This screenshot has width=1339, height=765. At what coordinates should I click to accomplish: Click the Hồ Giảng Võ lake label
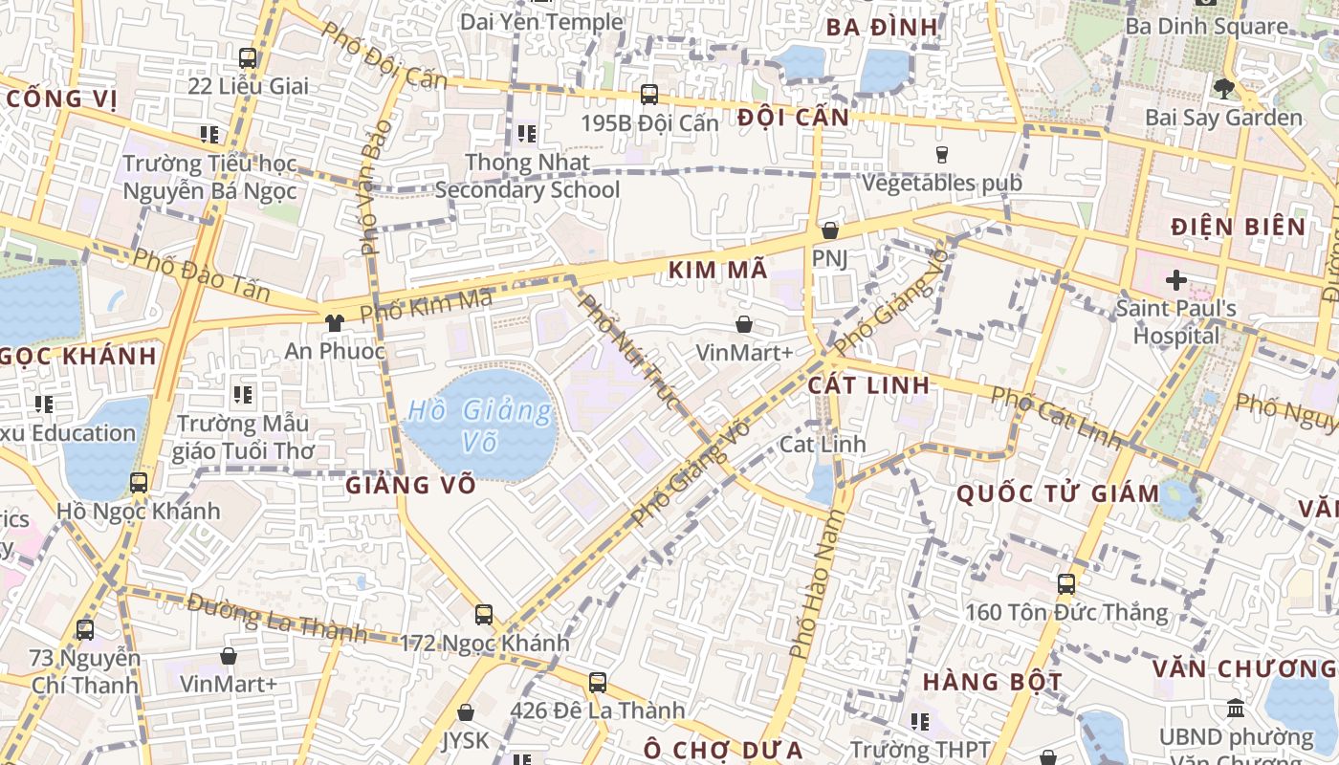point(479,426)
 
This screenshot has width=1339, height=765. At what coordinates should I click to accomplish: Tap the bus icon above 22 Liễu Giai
point(248,57)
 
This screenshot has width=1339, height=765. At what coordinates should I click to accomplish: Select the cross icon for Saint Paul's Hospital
point(1175,280)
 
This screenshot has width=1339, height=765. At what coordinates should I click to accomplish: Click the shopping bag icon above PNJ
point(829,230)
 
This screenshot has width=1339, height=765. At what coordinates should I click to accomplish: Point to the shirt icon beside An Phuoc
point(334,323)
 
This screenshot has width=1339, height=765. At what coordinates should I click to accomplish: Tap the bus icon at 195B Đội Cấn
point(649,94)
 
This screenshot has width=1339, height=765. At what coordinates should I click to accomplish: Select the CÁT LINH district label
point(868,385)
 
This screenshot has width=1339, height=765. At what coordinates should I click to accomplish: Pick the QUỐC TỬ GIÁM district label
point(1058,494)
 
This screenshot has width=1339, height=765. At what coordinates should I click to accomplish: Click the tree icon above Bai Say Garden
point(1223,89)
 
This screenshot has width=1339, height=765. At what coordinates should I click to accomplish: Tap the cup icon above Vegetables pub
point(942,154)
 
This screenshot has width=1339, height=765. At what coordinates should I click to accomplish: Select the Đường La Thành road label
point(276,617)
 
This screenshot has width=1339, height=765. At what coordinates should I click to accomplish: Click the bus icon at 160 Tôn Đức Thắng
point(1065,583)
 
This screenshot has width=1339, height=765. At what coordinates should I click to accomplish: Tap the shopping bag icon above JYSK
point(466,712)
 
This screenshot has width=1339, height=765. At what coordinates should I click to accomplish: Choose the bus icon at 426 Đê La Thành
point(598,682)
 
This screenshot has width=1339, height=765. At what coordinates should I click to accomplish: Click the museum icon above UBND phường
point(1236,709)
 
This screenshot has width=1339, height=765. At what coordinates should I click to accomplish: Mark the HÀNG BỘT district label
point(992,683)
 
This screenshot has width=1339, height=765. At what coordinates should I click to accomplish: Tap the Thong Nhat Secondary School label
point(528,176)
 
